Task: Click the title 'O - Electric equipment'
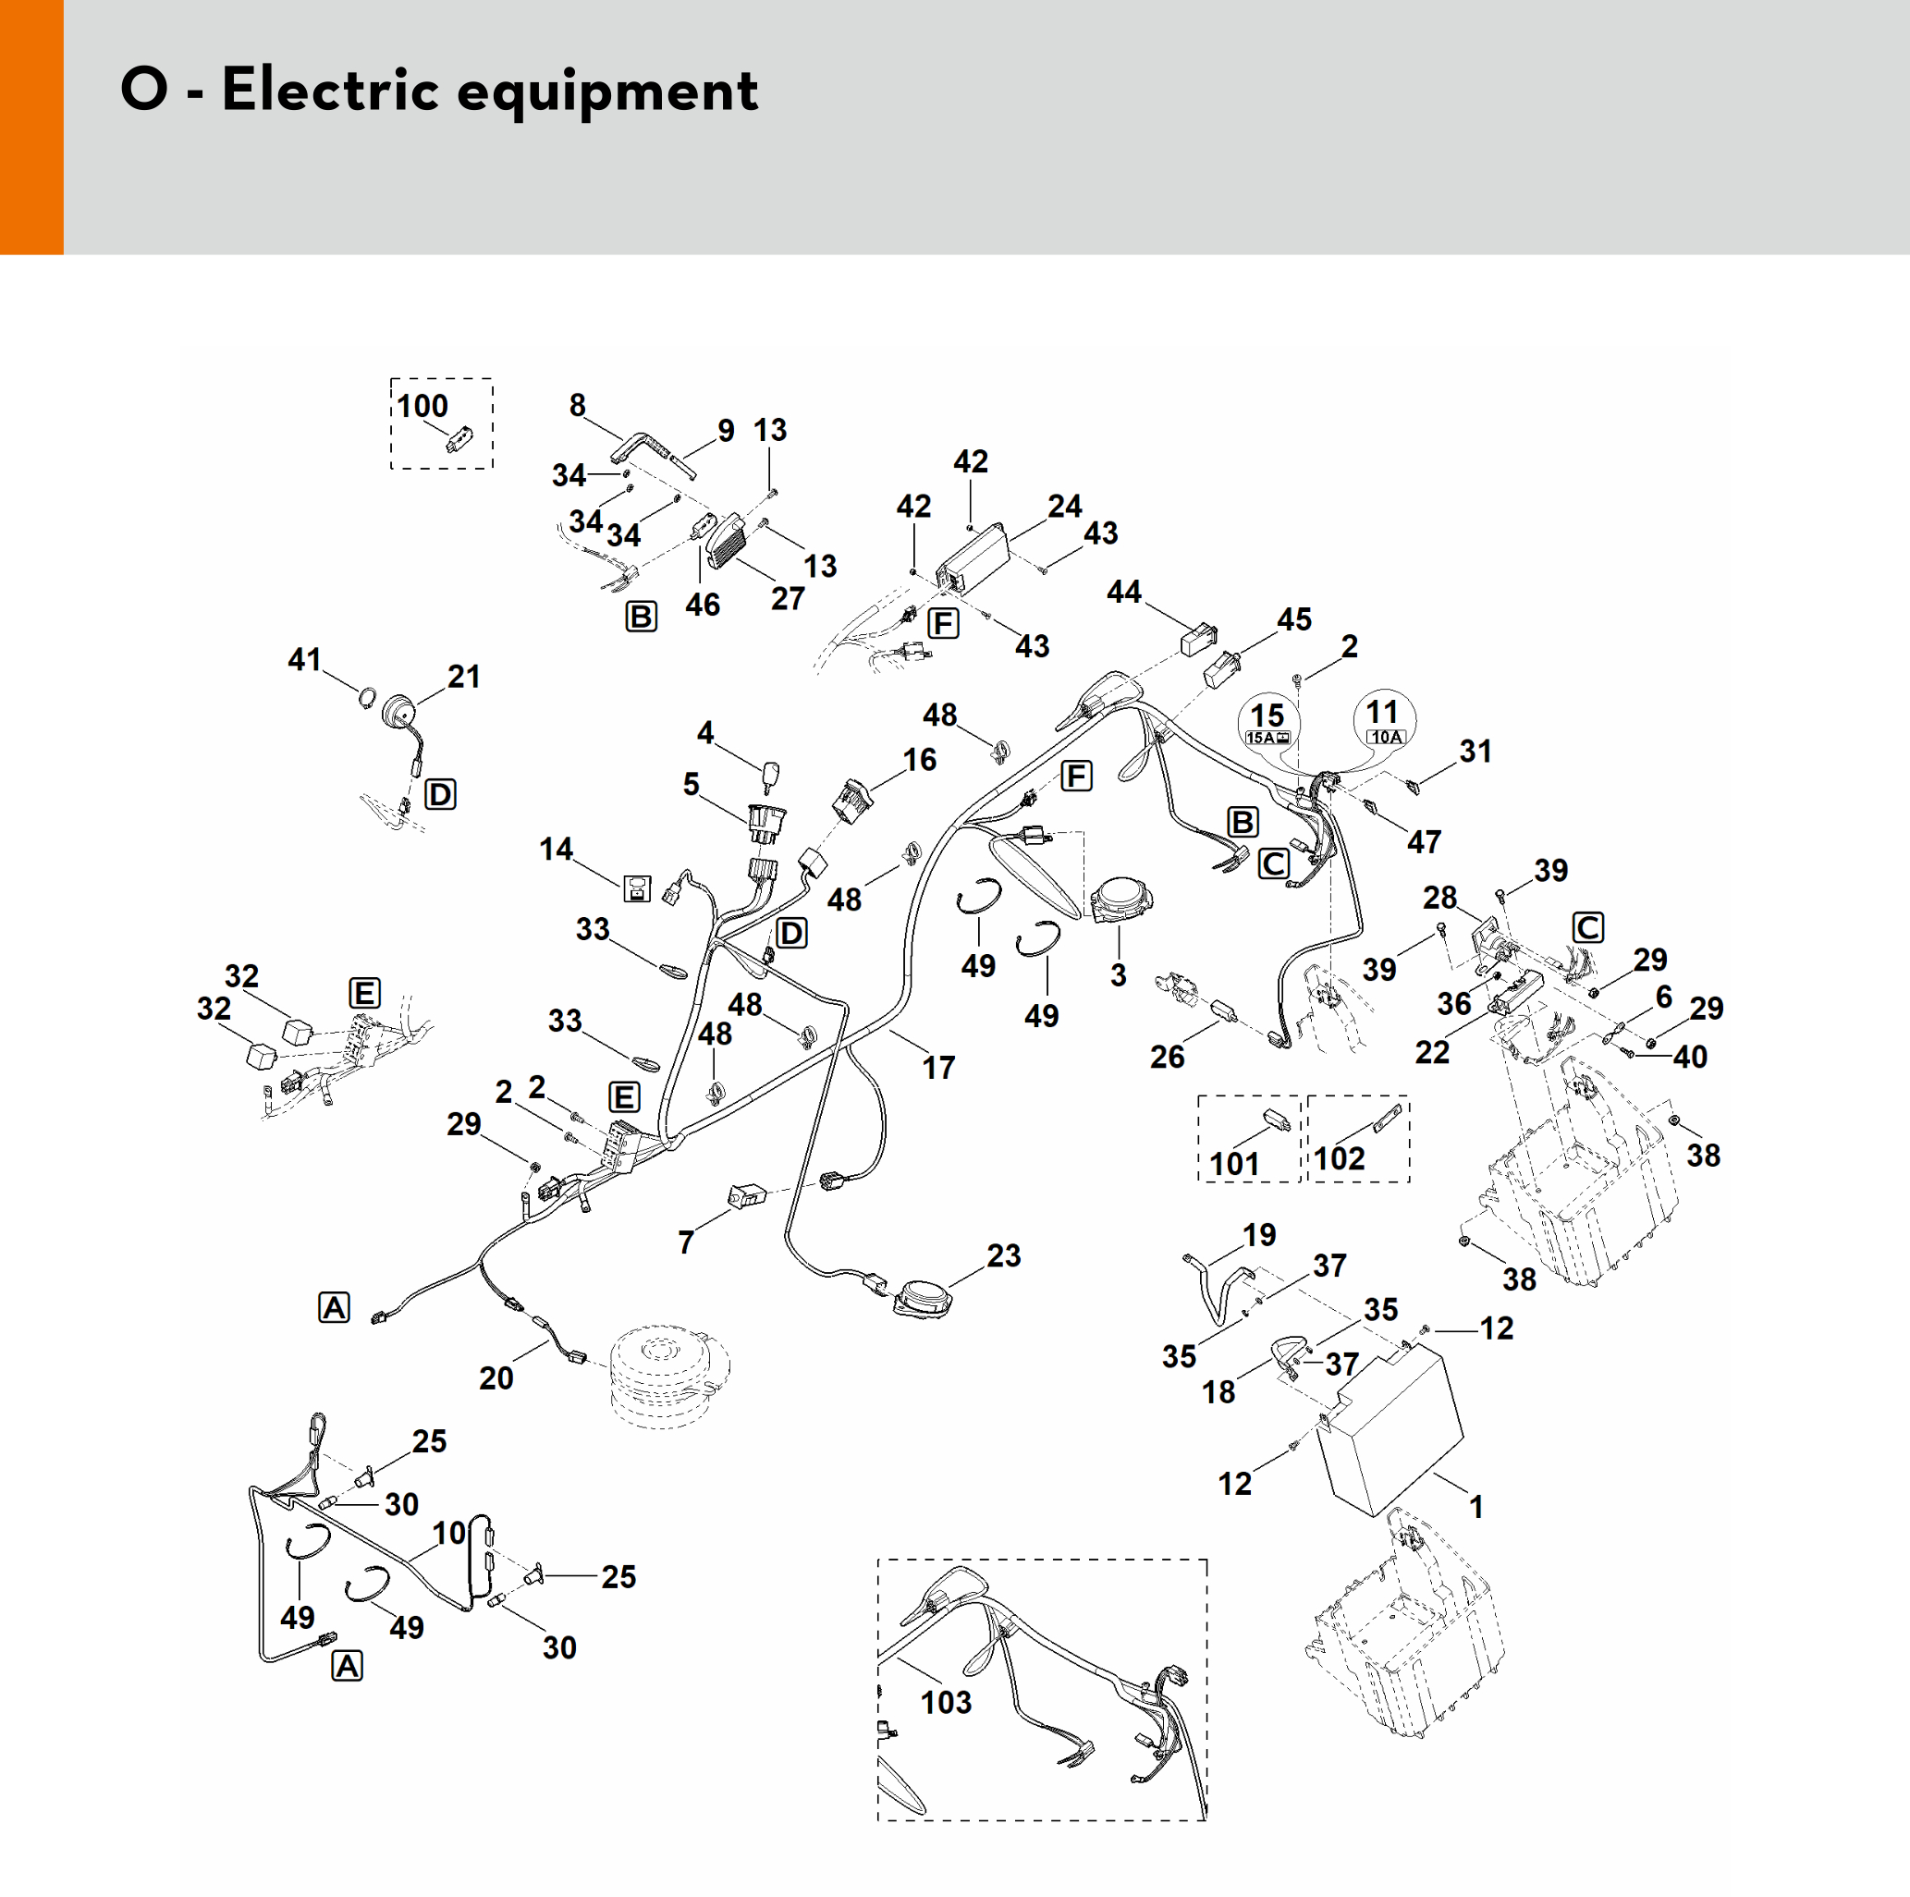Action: pos(439,90)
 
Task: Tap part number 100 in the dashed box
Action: pos(422,406)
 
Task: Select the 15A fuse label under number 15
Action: pos(1267,739)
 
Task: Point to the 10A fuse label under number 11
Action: pos(1385,738)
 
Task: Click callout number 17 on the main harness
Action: pos(938,1068)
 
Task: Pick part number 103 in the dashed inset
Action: pos(946,1702)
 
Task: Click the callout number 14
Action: pos(556,850)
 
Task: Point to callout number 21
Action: pos(464,677)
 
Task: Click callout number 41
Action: pos(304,659)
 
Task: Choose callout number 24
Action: pos(1065,506)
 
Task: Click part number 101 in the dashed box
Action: pos(1235,1164)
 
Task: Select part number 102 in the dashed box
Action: pos(1339,1158)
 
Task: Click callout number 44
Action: pos(1124,593)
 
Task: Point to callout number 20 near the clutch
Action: pos(496,1378)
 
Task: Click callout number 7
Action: pos(686,1242)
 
